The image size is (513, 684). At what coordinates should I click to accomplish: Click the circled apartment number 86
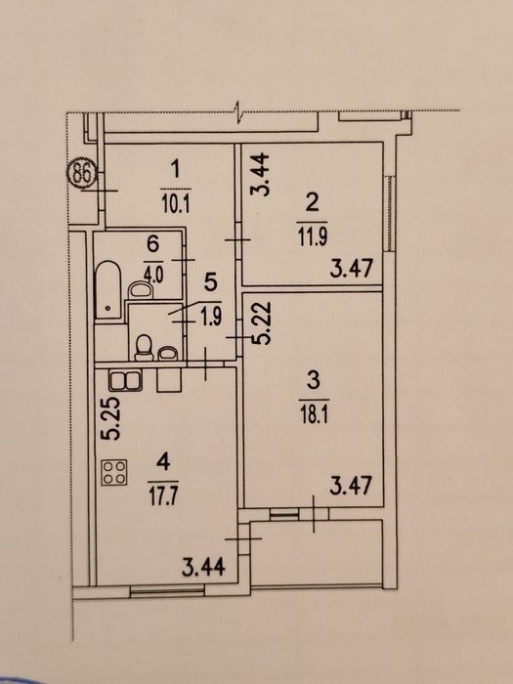pos(82,175)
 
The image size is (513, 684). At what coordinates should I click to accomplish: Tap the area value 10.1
pos(176,203)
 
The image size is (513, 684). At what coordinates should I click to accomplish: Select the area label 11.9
pos(313,236)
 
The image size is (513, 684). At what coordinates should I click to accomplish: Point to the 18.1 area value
pos(314,415)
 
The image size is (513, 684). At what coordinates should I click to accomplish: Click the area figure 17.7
pos(163,497)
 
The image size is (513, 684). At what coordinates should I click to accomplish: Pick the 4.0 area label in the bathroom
pos(152,277)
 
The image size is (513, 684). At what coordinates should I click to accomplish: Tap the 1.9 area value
pos(211,316)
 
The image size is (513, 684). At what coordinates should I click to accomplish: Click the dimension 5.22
pos(264,323)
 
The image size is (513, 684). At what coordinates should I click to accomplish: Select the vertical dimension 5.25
pos(109,419)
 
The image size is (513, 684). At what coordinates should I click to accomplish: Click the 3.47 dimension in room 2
pos(352,269)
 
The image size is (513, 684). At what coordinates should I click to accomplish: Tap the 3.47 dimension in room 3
pos(351,485)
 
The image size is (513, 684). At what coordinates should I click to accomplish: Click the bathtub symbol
pos(107,289)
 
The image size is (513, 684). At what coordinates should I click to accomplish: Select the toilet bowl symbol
pos(144,347)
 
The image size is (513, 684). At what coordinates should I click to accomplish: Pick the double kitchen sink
pos(125,380)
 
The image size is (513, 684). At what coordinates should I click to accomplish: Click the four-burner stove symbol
pos(114,472)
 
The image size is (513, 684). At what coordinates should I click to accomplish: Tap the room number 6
pos(152,244)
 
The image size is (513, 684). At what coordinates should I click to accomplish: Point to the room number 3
pos(314,380)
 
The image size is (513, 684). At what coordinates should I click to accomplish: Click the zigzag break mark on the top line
pos(238,112)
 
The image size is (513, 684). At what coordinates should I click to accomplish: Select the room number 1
pos(175,169)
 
